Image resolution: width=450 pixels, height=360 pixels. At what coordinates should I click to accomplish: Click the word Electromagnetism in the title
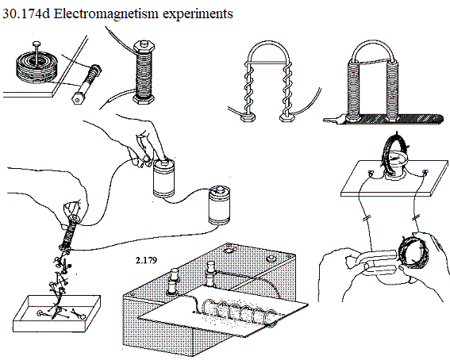pyautogui.click(x=106, y=13)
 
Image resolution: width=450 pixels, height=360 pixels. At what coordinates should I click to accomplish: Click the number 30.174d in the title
pyautogui.click(x=26, y=13)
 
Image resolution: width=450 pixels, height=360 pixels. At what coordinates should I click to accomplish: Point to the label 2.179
pyautogui.click(x=146, y=260)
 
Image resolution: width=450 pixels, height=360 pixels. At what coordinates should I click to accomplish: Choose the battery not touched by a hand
pyautogui.click(x=220, y=205)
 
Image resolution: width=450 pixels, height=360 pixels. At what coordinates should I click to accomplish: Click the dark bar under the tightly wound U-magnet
pyautogui.click(x=385, y=119)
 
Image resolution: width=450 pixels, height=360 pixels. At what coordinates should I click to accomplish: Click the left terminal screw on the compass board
pyautogui.click(x=371, y=173)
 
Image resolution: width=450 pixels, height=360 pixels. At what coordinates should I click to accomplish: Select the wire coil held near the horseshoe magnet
pyautogui.click(x=413, y=252)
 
